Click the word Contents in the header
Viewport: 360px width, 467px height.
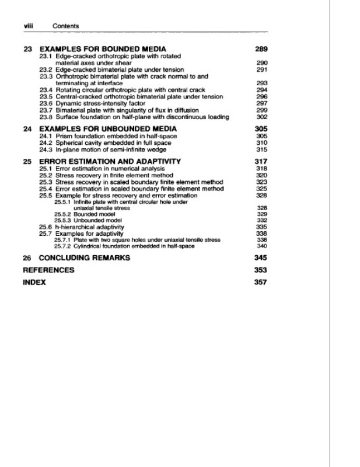point(65,26)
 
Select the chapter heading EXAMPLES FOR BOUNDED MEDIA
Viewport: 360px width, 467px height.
point(102,48)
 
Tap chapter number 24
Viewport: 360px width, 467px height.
point(27,128)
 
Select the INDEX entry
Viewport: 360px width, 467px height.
point(33,283)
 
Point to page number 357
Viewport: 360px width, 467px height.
point(260,283)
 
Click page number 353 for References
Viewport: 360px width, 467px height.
point(260,270)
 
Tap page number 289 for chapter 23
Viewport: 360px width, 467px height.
point(260,48)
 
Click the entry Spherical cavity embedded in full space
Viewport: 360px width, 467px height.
point(114,142)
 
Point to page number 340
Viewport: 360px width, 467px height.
point(261,246)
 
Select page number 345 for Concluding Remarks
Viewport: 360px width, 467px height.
point(260,257)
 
